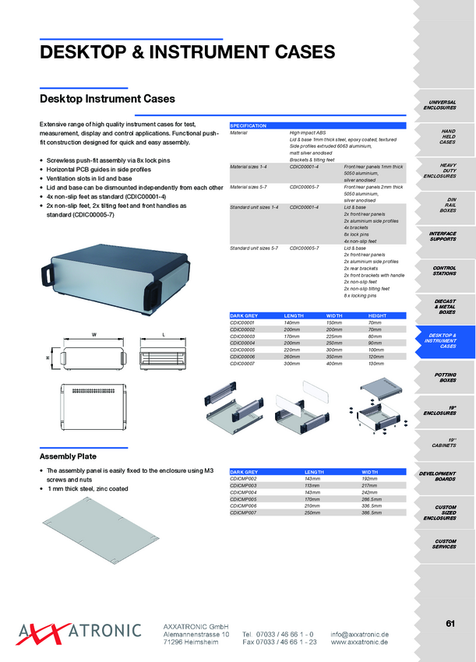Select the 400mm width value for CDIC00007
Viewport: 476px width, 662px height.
tap(333, 364)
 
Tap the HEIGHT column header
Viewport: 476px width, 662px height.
tap(377, 315)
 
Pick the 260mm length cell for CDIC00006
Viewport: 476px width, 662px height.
tap(292, 357)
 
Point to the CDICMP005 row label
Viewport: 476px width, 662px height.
tap(244, 499)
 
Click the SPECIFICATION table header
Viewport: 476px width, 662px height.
tap(249, 125)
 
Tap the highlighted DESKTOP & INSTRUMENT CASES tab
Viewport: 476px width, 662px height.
tap(443, 340)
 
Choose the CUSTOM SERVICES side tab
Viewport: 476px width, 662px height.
tap(446, 544)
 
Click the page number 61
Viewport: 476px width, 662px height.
tap(450, 622)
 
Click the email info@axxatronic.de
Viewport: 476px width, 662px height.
tap(359, 634)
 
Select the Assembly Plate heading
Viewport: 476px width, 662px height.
tap(68, 456)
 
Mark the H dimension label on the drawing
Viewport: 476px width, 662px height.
tap(48, 357)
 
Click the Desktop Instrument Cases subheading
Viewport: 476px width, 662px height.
tap(107, 99)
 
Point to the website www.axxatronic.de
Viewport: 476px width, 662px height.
tap(359, 642)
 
